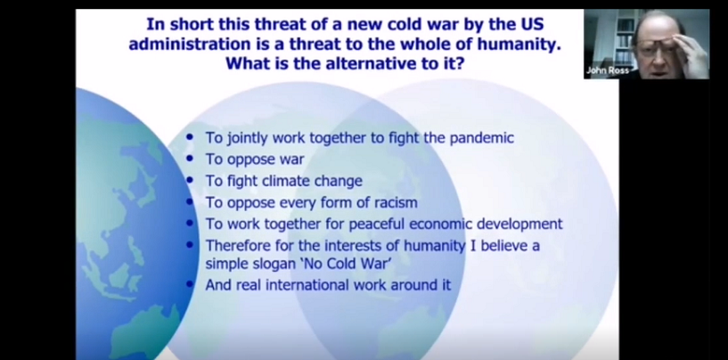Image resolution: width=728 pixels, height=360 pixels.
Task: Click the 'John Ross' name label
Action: pos(608,70)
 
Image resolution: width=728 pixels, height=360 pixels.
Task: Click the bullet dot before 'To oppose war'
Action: pos(190,159)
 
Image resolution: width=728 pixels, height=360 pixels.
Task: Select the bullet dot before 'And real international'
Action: pos(190,283)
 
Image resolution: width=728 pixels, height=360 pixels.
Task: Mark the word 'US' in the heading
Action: pos(533,24)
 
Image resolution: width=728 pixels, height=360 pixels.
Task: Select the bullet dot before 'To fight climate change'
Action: pos(190,180)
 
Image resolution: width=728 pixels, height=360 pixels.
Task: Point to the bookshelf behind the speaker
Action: pos(625,37)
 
